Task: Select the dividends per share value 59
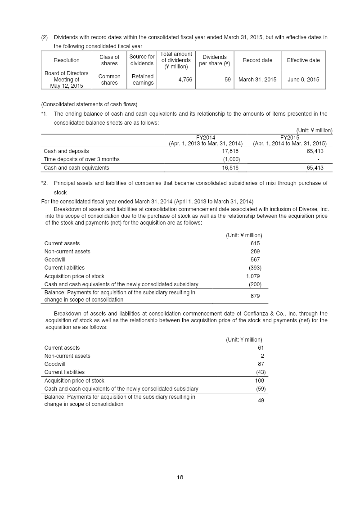click(227, 80)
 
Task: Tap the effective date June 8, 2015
click(303, 80)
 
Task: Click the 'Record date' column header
click(257, 60)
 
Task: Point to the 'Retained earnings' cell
click(143, 80)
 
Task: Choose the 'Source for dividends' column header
click(142, 60)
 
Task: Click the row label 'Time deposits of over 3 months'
click(81, 159)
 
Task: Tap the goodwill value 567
click(255, 260)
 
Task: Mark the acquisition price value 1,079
click(253, 276)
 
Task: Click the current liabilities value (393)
click(255, 268)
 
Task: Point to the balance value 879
click(255, 296)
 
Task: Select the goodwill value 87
click(261, 364)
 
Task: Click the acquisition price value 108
click(259, 380)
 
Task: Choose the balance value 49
click(261, 401)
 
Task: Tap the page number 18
click(180, 477)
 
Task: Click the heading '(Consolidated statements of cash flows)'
click(89, 104)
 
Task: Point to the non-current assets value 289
click(255, 252)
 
